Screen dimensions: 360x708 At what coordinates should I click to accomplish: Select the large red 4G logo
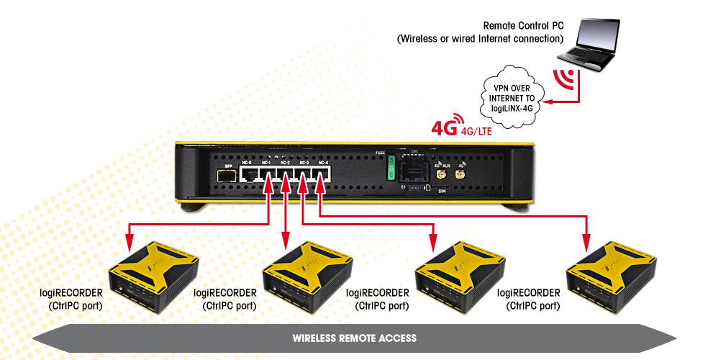coord(444,129)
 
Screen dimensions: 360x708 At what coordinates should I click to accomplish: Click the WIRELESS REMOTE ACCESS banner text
coord(354,338)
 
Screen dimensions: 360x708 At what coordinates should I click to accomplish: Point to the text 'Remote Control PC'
coord(523,25)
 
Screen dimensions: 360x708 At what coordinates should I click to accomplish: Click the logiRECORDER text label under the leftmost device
coord(71,293)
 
